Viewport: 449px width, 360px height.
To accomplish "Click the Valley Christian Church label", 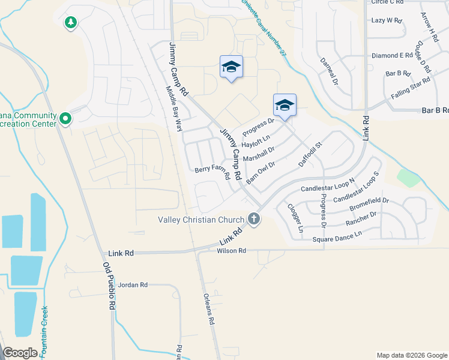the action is tap(200, 219).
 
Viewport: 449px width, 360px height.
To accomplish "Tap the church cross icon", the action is tap(254, 219).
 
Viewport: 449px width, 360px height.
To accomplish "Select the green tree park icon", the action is tap(71, 23).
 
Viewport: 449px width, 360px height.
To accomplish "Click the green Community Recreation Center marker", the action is tap(65, 119).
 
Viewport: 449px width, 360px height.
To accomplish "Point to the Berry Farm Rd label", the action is tap(212, 173).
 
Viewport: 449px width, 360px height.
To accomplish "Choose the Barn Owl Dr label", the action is tap(261, 172).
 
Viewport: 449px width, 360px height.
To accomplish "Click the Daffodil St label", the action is tap(311, 154).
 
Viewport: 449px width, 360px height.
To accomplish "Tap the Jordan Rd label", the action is tap(133, 285).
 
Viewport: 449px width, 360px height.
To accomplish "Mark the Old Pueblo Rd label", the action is tap(109, 286).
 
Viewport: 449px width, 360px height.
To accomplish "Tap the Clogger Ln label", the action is tap(295, 218).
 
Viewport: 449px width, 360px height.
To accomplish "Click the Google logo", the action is tap(20, 353).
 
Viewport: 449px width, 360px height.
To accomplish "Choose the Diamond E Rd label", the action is tap(393, 55).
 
